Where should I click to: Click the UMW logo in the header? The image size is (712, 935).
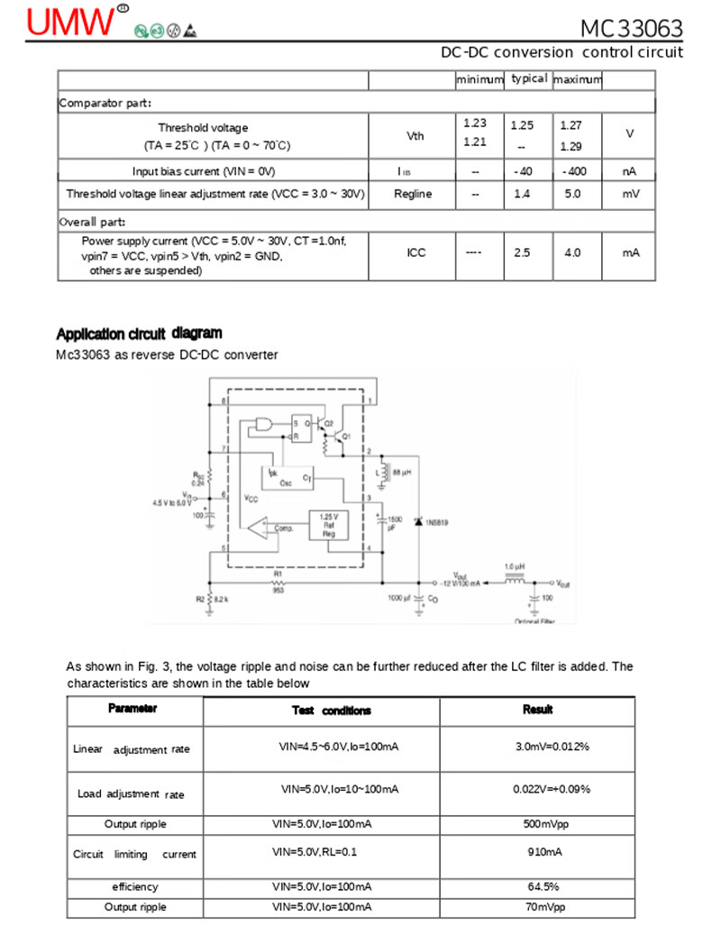[x=72, y=22]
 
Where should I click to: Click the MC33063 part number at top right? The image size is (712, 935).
[x=631, y=29]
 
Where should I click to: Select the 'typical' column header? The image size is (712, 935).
[x=528, y=79]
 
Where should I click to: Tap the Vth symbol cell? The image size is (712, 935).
[x=415, y=136]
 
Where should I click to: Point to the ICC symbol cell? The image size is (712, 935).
[x=415, y=253]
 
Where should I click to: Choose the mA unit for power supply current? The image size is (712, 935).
[x=630, y=253]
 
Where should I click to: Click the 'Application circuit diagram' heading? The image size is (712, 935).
[x=139, y=334]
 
